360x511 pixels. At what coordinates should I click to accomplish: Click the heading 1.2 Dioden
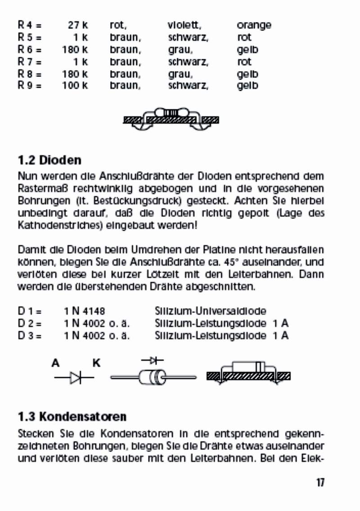click(49, 160)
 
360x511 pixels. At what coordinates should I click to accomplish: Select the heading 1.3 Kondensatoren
click(72, 416)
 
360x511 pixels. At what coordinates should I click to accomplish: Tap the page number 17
click(320, 483)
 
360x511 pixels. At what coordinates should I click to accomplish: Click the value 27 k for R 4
click(78, 25)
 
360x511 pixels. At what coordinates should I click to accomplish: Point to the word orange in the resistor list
click(254, 25)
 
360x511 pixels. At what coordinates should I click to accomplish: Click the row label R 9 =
click(30, 85)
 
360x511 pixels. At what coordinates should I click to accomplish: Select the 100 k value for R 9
click(75, 85)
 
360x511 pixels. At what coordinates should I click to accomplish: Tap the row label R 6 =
click(30, 49)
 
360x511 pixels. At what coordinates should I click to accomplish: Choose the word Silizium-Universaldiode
click(210, 311)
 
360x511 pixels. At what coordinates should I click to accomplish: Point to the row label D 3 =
click(30, 335)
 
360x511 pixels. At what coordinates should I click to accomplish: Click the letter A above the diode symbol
click(56, 363)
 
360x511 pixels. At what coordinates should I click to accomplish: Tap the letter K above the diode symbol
click(96, 363)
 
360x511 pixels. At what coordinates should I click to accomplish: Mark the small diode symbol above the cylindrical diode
click(152, 360)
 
